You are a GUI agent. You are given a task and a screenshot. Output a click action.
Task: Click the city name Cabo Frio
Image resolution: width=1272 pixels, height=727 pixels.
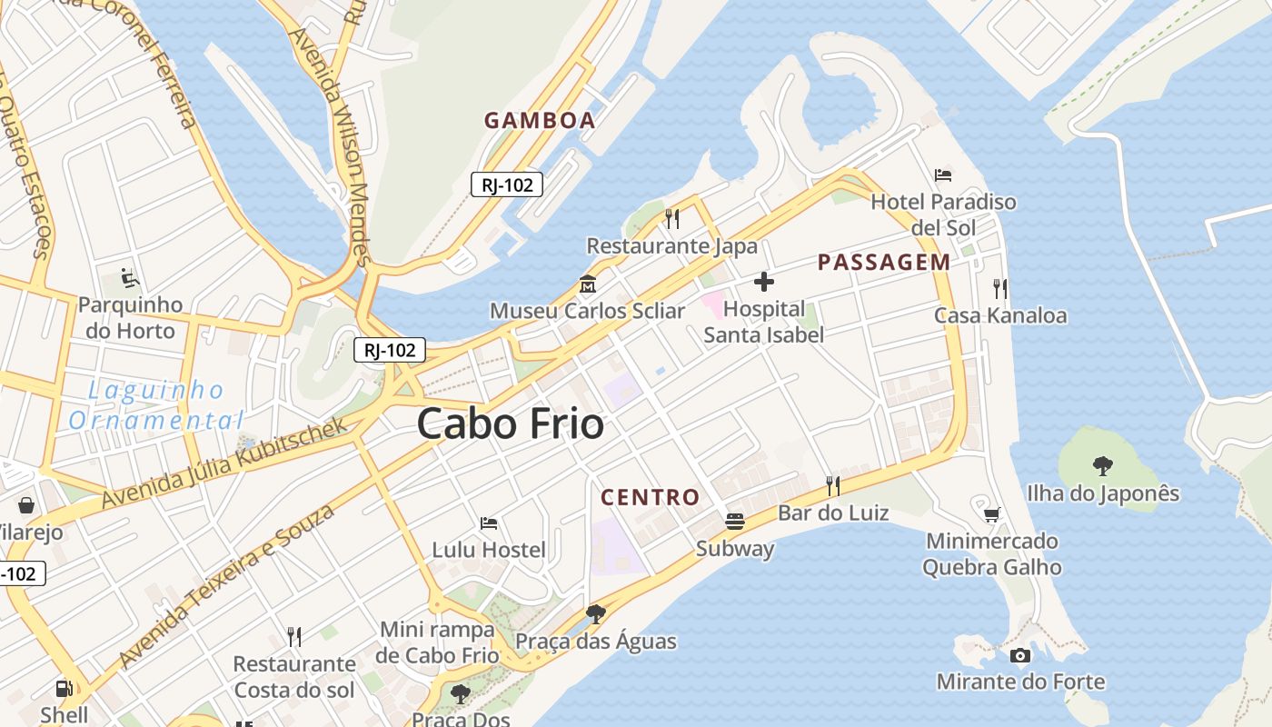511,424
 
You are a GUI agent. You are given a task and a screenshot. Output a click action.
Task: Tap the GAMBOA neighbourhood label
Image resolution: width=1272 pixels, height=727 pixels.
540,120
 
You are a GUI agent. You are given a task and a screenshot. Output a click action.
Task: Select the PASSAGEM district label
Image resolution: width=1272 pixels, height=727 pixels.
884,263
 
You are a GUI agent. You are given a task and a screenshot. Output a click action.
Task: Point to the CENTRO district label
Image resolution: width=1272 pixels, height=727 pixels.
651,497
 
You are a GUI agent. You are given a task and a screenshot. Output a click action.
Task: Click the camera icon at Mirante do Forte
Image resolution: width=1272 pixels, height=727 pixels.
1020,655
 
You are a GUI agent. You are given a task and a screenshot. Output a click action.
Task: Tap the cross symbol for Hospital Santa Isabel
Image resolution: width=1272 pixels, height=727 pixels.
764,282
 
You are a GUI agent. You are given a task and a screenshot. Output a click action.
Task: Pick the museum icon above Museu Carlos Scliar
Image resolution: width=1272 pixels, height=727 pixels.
587,284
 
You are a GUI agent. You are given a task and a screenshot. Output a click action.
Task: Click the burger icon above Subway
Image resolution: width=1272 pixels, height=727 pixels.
735,522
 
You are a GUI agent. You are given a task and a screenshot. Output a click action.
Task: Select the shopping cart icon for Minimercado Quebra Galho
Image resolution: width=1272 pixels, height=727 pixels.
991,514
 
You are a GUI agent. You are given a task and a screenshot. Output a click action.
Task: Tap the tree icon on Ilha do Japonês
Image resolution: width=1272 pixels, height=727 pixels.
1103,466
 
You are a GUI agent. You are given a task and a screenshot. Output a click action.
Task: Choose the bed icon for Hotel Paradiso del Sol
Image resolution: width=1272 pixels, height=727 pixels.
943,174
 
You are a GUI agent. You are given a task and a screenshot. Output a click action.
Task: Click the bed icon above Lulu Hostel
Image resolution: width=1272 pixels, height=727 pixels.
489,523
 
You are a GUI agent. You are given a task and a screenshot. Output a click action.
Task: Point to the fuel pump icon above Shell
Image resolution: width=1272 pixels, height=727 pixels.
64,689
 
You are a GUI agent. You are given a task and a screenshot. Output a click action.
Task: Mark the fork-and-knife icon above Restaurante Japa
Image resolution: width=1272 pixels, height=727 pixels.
672,218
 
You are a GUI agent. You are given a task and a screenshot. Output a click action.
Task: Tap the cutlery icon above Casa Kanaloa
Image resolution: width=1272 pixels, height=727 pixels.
1000,289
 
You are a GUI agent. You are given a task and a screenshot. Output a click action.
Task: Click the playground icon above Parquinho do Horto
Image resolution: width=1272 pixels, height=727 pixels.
130,276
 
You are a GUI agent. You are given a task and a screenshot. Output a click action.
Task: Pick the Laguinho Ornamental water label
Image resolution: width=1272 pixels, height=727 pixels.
156,405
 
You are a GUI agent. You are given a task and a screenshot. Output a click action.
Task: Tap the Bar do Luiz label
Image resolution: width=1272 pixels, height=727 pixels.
833,513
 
